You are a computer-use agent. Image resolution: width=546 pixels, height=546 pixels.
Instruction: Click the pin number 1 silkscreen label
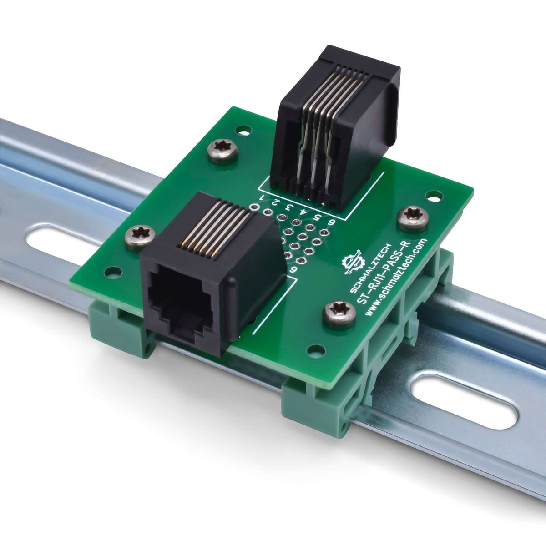click(263, 197)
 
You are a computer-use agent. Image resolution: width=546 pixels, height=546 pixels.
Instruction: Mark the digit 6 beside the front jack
click(294, 269)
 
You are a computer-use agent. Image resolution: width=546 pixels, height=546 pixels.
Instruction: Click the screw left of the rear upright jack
click(223, 152)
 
